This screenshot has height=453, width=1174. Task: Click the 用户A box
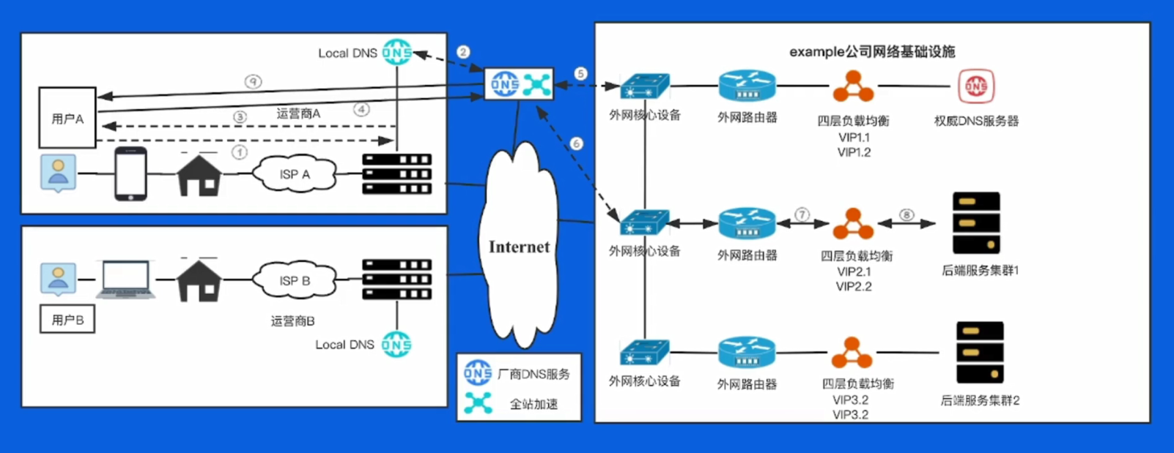pos(67,118)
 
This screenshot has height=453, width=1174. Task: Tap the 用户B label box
pos(67,320)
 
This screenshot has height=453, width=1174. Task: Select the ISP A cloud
pos(295,173)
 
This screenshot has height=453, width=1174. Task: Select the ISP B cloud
pos(295,280)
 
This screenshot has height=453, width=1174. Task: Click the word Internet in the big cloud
pos(519,247)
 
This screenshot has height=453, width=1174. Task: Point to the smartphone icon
pos(130,173)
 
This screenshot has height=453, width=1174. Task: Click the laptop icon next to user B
pos(126,280)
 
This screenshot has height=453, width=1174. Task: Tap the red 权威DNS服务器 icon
pos(976,86)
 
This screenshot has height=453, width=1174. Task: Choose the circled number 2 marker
pos(463,52)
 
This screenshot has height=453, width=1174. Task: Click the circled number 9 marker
pos(253,82)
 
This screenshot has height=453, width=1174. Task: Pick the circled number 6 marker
pos(576,144)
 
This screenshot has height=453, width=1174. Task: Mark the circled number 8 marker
pos(907,214)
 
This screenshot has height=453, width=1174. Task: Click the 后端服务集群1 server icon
pos(976,222)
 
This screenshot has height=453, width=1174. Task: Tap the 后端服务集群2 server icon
pos(980,352)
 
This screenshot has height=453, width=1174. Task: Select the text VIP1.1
pos(854,137)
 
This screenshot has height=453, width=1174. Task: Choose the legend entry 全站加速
pos(534,404)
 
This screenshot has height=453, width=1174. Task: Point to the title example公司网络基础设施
pos(872,51)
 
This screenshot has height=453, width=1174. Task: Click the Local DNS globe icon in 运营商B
pos(396,344)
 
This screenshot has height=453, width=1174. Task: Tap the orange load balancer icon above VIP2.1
pos(853,225)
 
